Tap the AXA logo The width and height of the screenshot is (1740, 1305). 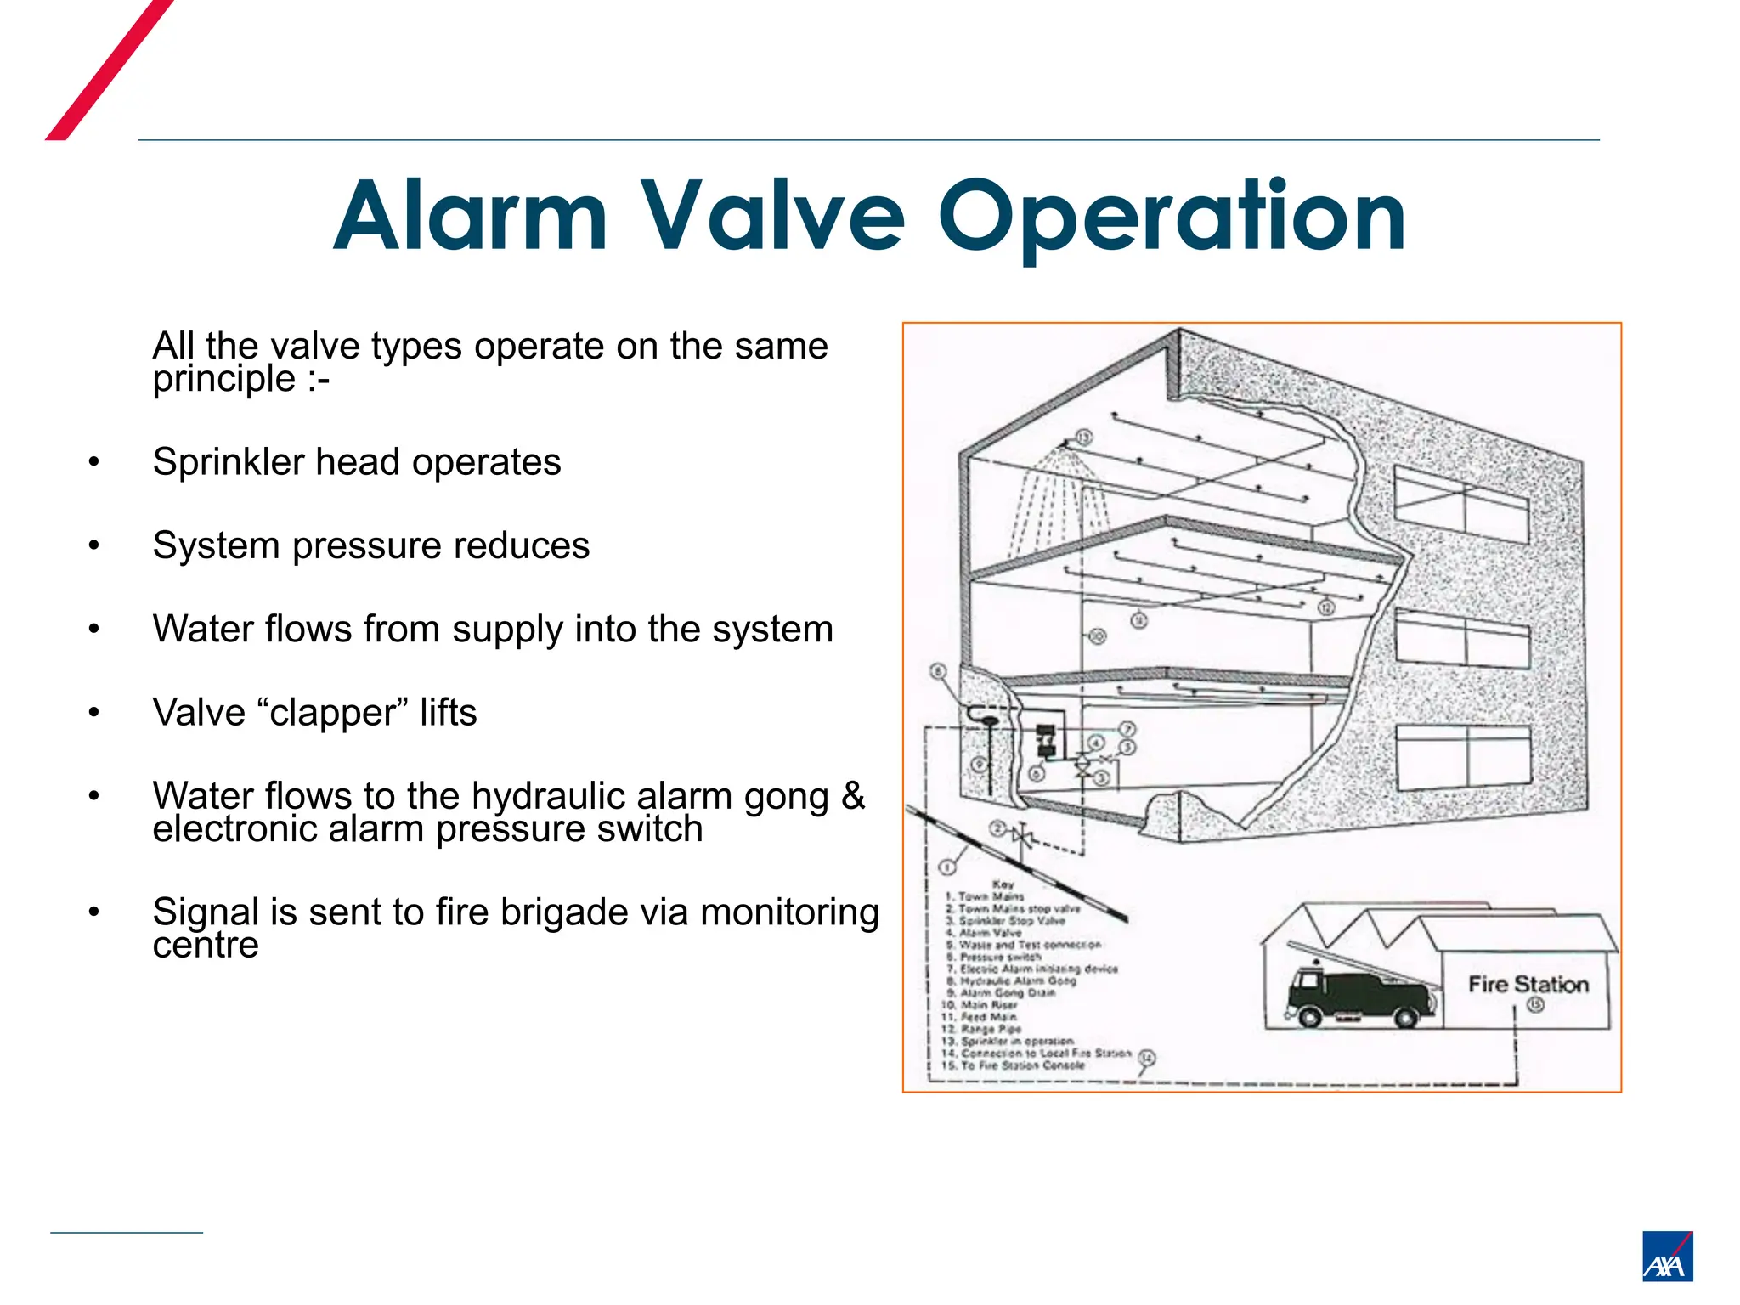tap(1667, 1256)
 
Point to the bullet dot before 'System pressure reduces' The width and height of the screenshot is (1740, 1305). tap(94, 545)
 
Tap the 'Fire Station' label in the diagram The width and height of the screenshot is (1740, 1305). tap(1528, 985)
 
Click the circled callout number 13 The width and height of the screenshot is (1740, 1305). tap(1083, 438)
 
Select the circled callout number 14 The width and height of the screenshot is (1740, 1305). tap(1147, 1058)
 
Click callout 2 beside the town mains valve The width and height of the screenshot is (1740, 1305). tap(999, 829)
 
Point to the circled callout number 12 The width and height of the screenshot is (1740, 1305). tap(1326, 607)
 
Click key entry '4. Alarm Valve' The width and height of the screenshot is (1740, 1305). tap(986, 933)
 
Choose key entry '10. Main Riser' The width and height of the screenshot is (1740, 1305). tap(981, 1005)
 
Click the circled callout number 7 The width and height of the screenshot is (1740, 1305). tap(1127, 730)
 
